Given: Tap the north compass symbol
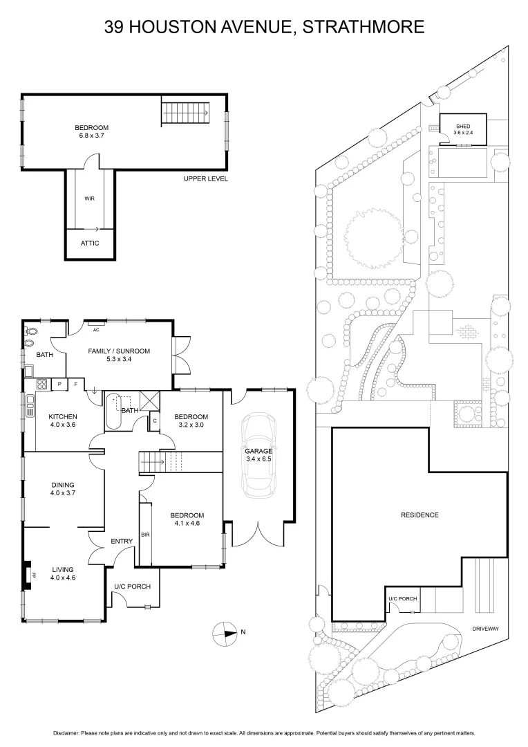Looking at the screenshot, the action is click(x=226, y=631).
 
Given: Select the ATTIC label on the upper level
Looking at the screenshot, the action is click(x=90, y=243).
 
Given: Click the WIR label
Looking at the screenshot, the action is click(x=89, y=199).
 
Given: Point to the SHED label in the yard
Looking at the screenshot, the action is click(x=462, y=126).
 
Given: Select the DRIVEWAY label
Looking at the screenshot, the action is click(x=485, y=629).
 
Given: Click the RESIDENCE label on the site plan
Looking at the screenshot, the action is click(x=419, y=515).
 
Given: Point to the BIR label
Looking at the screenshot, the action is click(x=145, y=535).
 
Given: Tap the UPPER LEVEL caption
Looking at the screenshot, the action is click(x=205, y=179).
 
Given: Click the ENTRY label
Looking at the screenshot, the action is click(x=121, y=542).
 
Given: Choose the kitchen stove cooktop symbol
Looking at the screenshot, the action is click(x=41, y=384).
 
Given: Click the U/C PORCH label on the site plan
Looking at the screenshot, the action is click(x=402, y=599).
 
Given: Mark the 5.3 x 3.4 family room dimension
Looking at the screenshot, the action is click(x=119, y=360).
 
